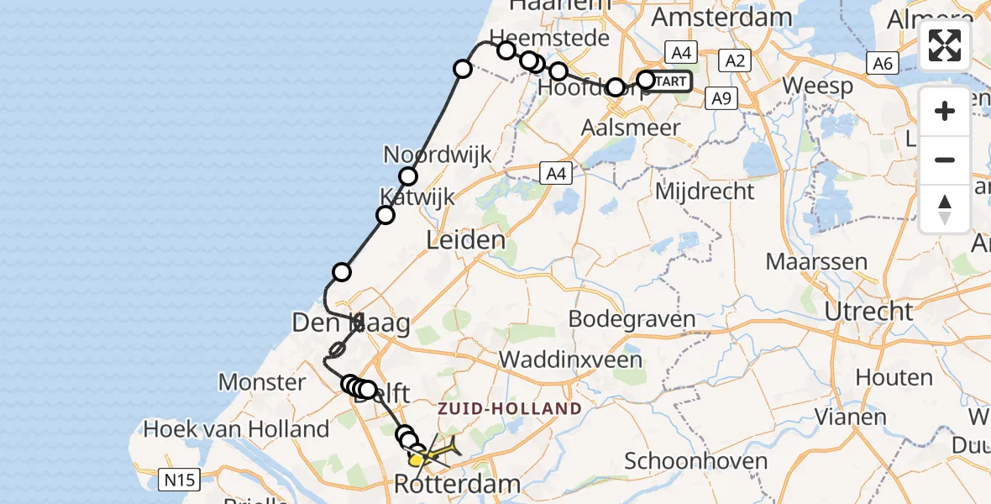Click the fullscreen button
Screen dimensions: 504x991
(945, 45)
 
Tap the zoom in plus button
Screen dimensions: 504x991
(945, 111)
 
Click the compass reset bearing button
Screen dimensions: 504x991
(945, 209)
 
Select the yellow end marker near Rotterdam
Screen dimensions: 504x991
(417, 459)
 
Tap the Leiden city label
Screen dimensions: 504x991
(466, 240)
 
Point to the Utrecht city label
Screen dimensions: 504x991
(868, 311)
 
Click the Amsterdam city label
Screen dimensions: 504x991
(721, 17)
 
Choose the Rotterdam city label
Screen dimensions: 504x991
(458, 485)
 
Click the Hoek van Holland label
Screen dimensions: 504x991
(236, 429)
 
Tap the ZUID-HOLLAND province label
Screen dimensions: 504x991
(510, 409)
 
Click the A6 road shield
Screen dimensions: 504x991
(881, 62)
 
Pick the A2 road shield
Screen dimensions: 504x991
(735, 60)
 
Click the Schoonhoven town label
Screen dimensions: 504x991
(696, 461)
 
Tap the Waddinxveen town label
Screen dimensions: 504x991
(570, 360)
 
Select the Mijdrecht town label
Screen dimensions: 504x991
(705, 192)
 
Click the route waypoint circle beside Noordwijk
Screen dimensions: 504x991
(408, 176)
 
